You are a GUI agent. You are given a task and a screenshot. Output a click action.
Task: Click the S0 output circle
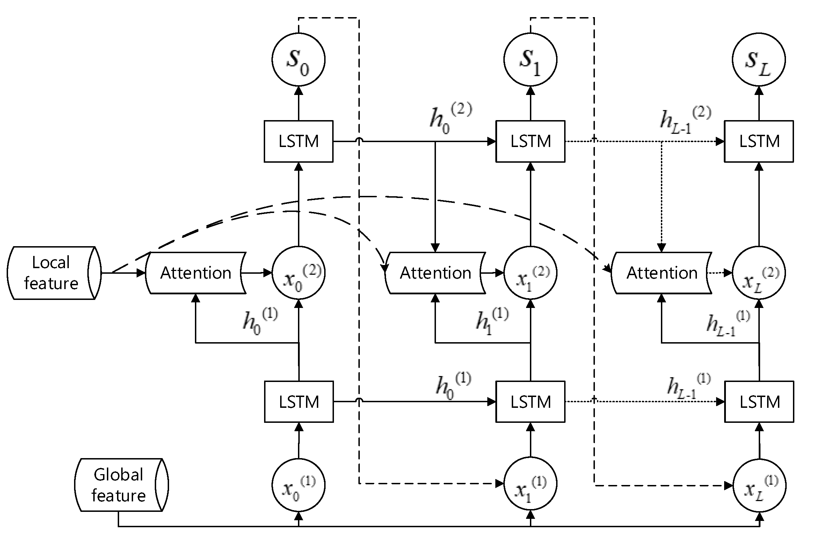(298, 60)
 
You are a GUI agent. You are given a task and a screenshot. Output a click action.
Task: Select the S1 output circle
(530, 60)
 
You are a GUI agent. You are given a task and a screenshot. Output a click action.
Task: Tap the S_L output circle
(759, 60)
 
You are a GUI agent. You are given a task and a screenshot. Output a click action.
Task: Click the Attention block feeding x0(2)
(196, 273)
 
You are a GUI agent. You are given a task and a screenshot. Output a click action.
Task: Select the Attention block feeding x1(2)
(435, 273)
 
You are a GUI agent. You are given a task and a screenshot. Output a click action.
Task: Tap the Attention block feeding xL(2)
(661, 273)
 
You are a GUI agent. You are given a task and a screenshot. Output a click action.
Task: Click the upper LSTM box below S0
(298, 141)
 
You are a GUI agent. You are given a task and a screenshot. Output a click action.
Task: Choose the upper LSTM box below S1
(530, 141)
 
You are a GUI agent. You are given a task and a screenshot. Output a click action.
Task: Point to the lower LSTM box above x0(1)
(299, 402)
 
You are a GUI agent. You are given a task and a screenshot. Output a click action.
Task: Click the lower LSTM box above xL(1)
(759, 402)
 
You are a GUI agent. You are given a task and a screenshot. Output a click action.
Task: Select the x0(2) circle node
(298, 273)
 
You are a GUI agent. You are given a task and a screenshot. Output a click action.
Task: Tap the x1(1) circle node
(530, 484)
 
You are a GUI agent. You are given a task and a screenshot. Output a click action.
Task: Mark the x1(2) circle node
(530, 273)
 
